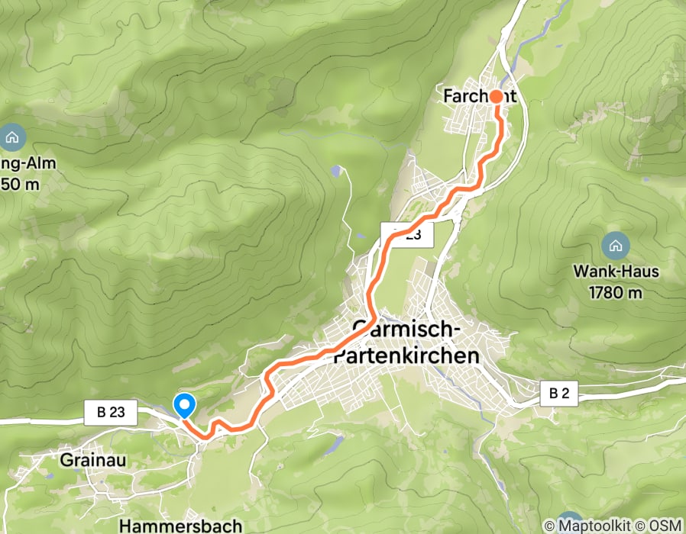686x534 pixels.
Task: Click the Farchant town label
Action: [480, 96]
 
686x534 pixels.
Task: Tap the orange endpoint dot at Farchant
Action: [496, 97]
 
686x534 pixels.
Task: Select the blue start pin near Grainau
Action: [184, 405]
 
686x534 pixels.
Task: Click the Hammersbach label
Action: [181, 526]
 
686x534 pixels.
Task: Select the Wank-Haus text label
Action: [614, 272]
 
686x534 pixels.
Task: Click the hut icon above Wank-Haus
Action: [614, 246]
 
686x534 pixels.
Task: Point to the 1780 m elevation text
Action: [614, 292]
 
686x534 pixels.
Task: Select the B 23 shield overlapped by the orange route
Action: [407, 236]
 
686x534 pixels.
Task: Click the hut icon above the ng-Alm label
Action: [13, 138]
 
